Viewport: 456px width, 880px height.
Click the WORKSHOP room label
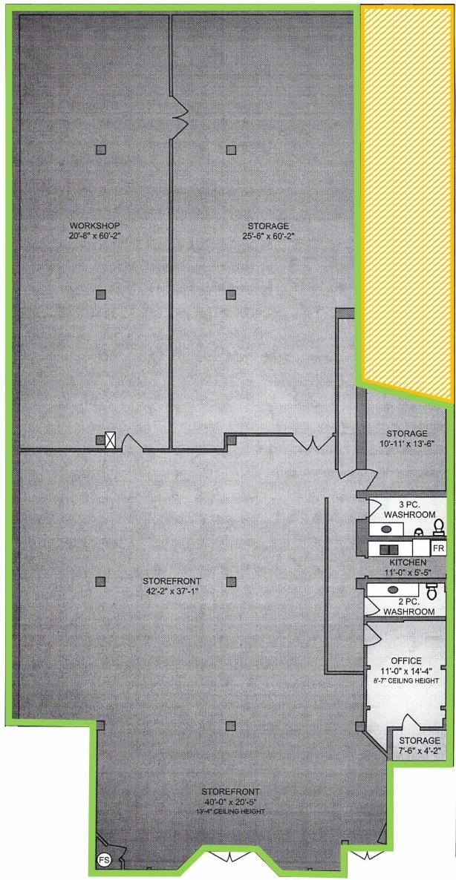point(94,226)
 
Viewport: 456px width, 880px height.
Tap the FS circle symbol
point(105,860)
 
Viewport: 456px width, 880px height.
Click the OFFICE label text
point(406,660)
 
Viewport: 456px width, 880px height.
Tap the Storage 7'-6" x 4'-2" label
point(419,746)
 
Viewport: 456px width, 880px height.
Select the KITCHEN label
point(405,563)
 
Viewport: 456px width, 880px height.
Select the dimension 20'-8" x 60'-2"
point(94,237)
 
